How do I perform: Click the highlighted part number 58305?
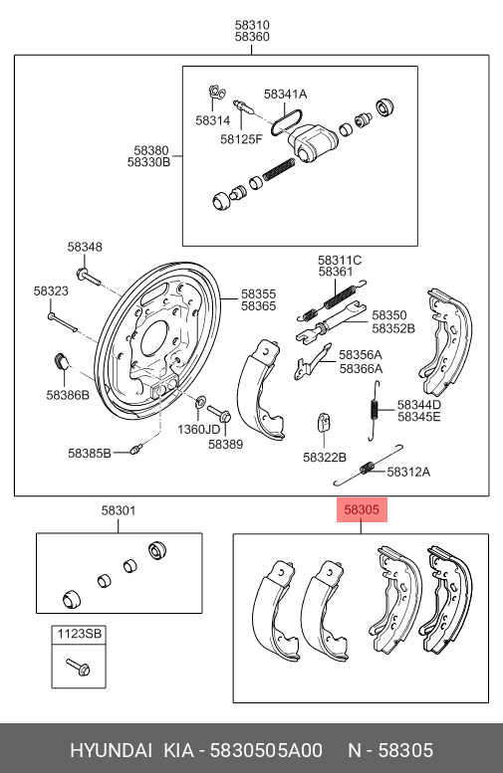(x=362, y=510)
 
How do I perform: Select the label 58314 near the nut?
(x=212, y=120)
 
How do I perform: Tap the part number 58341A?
(x=285, y=95)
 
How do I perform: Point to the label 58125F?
(x=241, y=138)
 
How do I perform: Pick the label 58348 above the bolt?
(x=85, y=247)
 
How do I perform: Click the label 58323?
(x=51, y=291)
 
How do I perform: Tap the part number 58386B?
(x=67, y=395)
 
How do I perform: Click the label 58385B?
(x=91, y=453)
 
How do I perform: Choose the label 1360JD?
(x=198, y=429)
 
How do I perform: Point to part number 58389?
(x=225, y=445)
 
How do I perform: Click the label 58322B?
(x=325, y=457)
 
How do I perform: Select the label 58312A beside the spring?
(x=408, y=472)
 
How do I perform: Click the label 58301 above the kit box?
(x=118, y=510)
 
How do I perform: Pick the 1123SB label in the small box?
(x=78, y=634)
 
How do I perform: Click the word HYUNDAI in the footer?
(x=111, y=749)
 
